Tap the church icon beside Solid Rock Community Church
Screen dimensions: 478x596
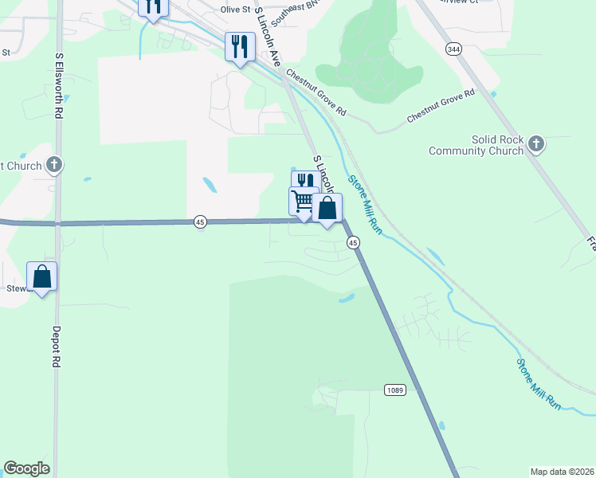coord(536,144)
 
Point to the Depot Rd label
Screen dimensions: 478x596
coord(57,345)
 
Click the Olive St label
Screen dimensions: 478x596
coord(235,10)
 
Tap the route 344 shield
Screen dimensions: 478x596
coord(453,49)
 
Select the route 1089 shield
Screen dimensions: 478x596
coord(394,389)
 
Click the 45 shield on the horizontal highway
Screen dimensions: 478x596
coord(200,222)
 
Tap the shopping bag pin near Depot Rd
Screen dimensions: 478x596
coord(42,276)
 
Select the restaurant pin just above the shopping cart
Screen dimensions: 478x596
coord(305,182)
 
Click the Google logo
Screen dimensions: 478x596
coord(26,468)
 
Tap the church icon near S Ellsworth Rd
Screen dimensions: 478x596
coord(54,166)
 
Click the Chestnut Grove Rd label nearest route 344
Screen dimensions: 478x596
coord(441,104)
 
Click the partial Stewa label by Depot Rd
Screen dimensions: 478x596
coord(16,288)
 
